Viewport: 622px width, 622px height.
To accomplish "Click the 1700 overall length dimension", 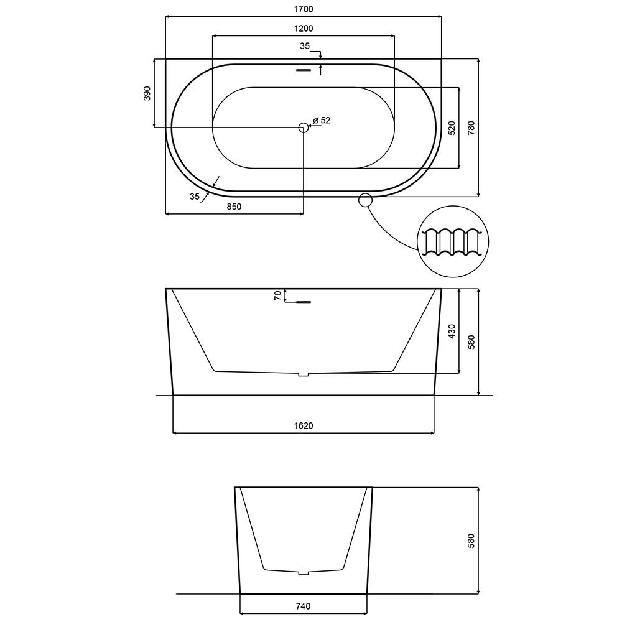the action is (x=304, y=9).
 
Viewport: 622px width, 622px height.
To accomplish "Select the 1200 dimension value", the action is (x=304, y=29).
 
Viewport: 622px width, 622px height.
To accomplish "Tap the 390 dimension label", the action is (x=147, y=93).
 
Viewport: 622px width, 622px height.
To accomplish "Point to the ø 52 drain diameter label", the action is (x=322, y=120).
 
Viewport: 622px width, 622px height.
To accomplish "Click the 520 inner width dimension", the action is (x=452, y=128).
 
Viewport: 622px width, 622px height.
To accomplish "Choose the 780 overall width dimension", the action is (x=471, y=128).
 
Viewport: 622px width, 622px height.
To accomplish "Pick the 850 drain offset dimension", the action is (x=234, y=207).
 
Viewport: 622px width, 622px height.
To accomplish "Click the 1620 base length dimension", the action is (x=304, y=425).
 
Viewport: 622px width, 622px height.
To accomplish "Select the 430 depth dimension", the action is (x=452, y=332).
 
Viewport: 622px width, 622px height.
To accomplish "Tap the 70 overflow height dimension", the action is (x=277, y=295).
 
